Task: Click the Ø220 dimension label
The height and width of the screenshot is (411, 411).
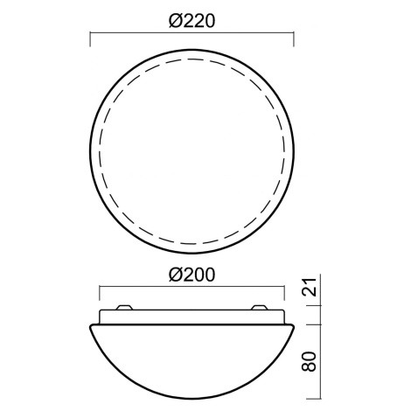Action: pos(192,21)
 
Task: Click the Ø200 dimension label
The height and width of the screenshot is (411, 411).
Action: pos(192,275)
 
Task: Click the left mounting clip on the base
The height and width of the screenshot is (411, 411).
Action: pos(124,307)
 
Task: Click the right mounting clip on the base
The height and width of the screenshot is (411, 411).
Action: pos(260,307)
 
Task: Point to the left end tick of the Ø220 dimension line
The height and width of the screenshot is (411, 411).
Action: pos(90,39)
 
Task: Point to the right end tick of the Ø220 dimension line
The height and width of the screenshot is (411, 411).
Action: pos(294,39)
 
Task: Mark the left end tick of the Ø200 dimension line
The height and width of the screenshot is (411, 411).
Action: pos(100,293)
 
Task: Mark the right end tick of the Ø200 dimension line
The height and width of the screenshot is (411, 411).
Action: pos(284,293)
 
